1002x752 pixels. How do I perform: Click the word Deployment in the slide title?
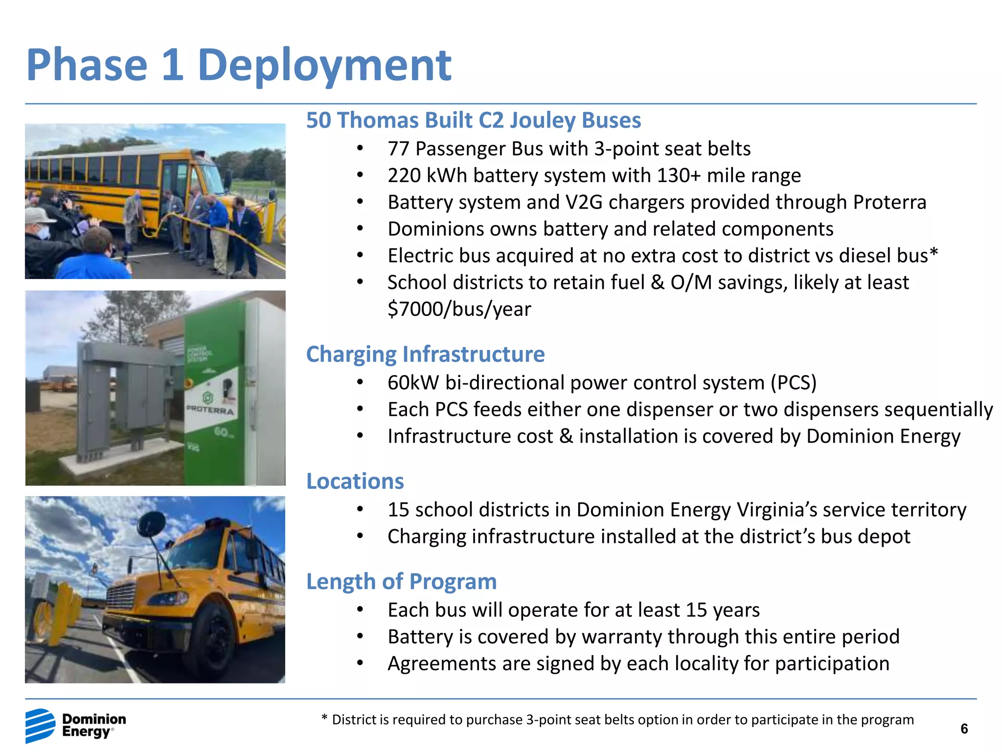[x=324, y=66]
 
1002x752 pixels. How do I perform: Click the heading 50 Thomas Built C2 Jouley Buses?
[x=473, y=120]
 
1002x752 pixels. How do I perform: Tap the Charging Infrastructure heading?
[x=425, y=354]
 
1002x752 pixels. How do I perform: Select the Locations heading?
[x=355, y=481]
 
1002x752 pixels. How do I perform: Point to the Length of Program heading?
[x=401, y=582]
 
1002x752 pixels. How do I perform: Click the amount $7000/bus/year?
[x=459, y=309]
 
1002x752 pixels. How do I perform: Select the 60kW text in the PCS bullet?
[x=413, y=383]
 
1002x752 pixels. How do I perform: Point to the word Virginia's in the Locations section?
[x=777, y=510]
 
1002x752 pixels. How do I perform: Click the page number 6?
[x=964, y=729]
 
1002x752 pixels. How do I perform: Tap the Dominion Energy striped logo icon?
[x=40, y=725]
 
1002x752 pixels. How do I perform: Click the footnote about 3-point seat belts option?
[x=617, y=720]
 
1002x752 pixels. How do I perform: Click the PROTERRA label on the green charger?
[x=210, y=410]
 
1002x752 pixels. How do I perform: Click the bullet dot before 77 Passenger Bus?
[x=360, y=149]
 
